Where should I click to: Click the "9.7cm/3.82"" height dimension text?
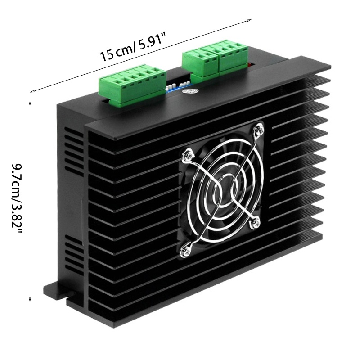(x=17, y=199)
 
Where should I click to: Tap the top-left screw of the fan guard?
(x=187, y=156)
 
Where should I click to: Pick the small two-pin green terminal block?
(x=200, y=64)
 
